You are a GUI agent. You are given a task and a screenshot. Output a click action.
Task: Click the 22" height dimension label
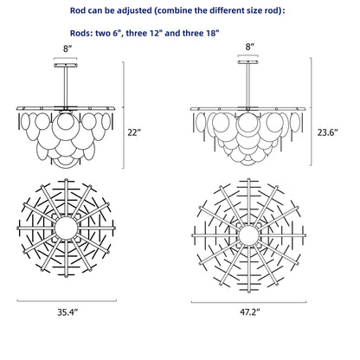pos(134,132)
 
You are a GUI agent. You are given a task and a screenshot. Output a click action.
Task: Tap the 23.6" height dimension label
pos(327,132)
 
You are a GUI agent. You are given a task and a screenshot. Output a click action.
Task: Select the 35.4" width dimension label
pos(67,312)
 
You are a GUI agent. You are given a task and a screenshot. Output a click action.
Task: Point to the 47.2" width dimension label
pos(250,312)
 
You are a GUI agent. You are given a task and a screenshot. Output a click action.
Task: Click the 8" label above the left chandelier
pos(67,48)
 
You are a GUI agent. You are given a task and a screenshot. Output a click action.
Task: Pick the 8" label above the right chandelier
pos(250,47)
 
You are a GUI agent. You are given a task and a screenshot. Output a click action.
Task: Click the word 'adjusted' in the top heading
pos(136,11)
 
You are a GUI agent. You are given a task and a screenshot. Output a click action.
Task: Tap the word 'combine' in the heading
pos(172,11)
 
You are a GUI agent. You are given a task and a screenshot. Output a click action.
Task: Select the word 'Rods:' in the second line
pos(81,33)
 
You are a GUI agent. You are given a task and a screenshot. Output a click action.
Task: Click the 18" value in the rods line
pos(212,33)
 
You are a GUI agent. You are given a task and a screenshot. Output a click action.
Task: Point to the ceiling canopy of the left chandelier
pos(66,66)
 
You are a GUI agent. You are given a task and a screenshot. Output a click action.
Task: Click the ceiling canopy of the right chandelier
pos(247,62)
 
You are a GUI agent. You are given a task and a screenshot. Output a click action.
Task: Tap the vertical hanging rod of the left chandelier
pos(66,87)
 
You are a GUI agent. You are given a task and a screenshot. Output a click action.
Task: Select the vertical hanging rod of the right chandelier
pos(247,86)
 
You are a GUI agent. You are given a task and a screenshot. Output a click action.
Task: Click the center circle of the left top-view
pos(66,228)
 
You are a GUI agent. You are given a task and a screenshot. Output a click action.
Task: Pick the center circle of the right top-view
pos(248,235)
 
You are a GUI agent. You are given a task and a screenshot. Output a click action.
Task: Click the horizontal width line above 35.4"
pos(67,301)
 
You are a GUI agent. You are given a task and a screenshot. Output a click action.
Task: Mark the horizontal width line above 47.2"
pos(248,302)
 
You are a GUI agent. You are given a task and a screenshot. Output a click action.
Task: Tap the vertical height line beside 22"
pos(124,115)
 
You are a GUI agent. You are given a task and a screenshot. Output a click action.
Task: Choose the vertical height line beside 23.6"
pos(312,112)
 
